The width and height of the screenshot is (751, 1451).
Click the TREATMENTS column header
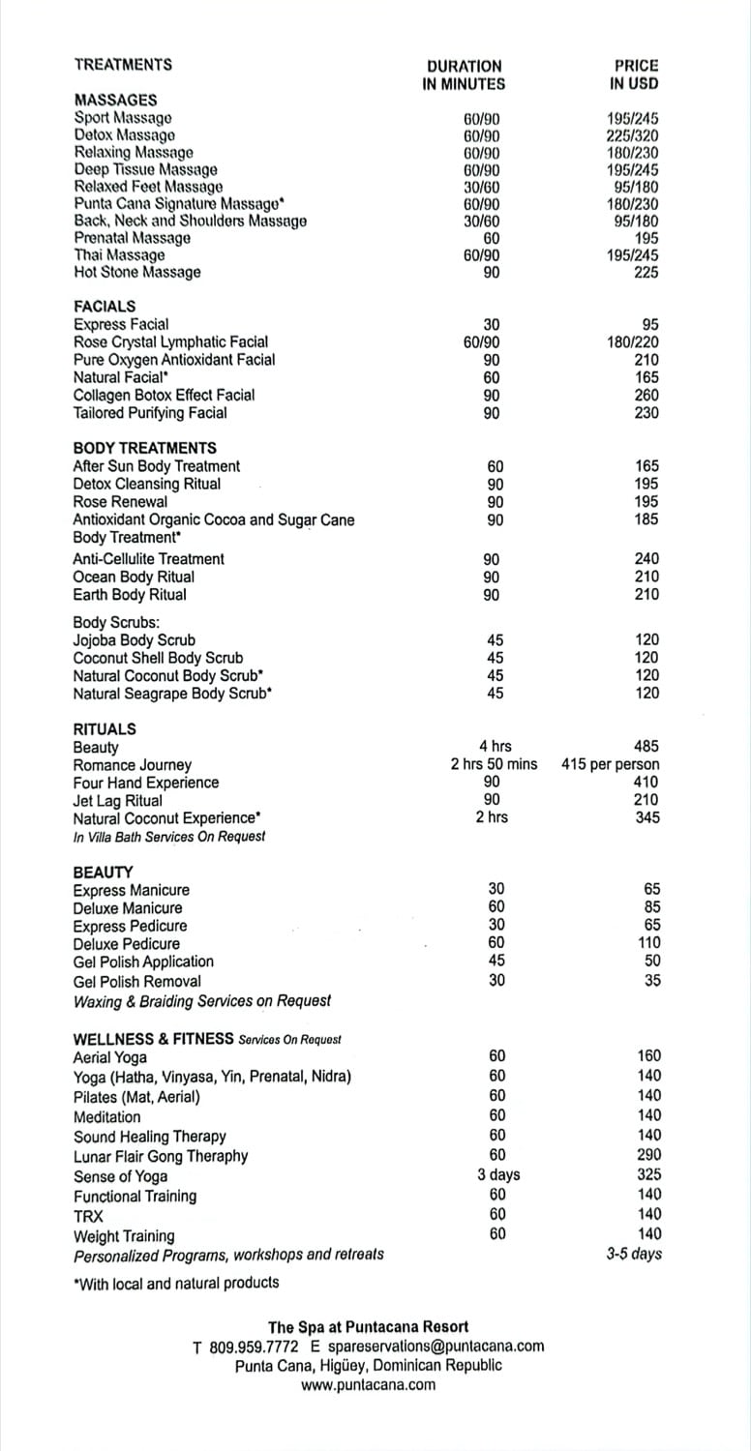pos(123,65)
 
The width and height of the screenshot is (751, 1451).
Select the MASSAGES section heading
pos(115,100)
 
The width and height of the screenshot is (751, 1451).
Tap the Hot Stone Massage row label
pos(137,272)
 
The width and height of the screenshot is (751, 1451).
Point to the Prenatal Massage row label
pos(132,238)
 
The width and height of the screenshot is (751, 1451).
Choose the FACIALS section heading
pos(105,306)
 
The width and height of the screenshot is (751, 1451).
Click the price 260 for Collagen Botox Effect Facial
pos(646,395)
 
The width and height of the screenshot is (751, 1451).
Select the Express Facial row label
pos(121,324)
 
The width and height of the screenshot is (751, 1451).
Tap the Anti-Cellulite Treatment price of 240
pos(646,558)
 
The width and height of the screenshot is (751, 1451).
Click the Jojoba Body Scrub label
pos(135,639)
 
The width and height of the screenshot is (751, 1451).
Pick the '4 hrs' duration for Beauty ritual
pos(496,746)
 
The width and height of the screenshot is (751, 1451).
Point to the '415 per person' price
pos(611,764)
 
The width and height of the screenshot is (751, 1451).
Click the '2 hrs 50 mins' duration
pos(494,764)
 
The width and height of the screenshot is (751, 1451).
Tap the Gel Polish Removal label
pos(137,981)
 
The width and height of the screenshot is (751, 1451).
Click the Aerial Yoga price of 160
pos(648,1055)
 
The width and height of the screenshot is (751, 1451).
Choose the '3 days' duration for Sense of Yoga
pos(498,1174)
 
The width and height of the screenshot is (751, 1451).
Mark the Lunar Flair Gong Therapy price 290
pos(648,1154)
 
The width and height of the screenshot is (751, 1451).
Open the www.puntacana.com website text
pos(368,1384)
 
